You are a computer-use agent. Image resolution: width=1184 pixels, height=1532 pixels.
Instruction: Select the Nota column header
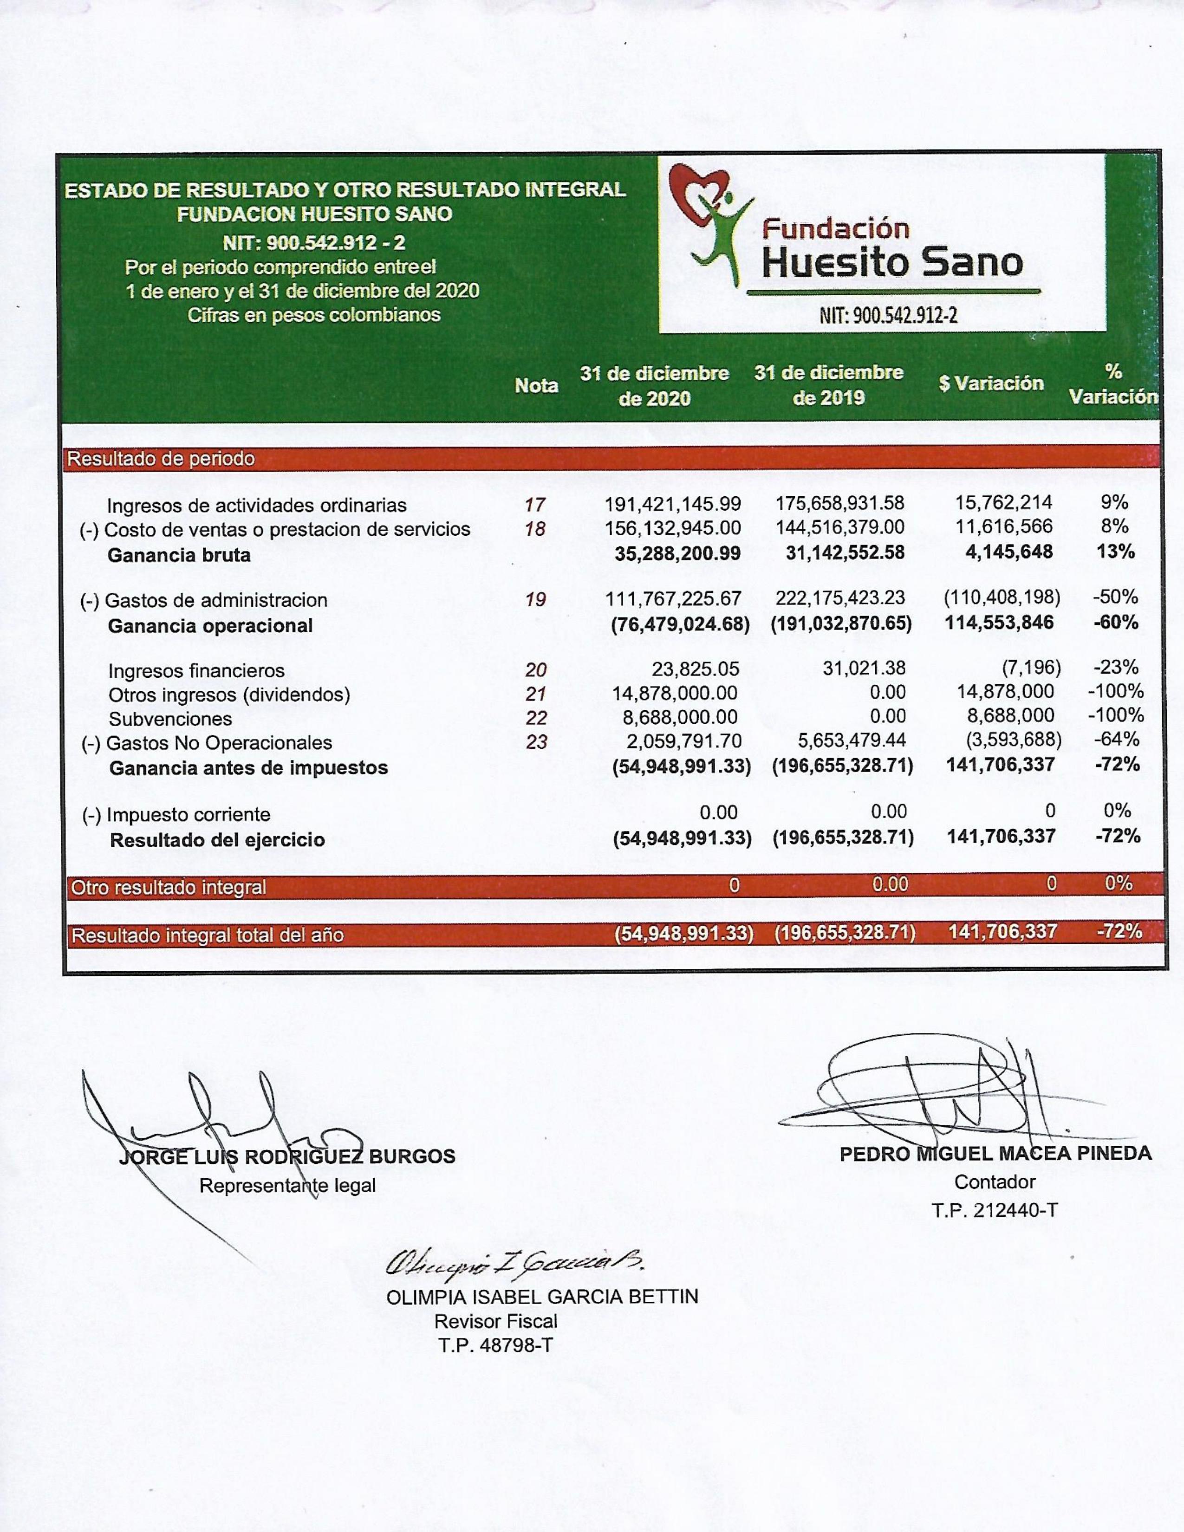[537, 385]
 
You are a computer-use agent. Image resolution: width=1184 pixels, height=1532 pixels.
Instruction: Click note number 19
[536, 600]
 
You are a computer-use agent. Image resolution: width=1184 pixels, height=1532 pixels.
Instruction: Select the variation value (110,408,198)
[1002, 597]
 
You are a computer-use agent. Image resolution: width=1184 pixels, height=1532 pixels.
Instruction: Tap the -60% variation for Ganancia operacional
[1116, 622]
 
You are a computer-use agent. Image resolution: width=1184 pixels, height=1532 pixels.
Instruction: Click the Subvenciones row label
[170, 719]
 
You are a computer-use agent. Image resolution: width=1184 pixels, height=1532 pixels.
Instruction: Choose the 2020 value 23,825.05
[695, 669]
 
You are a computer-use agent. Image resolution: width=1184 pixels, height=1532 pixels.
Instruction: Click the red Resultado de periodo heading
[161, 459]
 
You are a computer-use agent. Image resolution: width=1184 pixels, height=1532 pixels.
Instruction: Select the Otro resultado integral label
[169, 887]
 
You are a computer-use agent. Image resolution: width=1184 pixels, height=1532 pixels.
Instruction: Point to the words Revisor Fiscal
[496, 1322]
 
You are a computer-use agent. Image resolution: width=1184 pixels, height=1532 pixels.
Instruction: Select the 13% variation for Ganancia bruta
[1115, 552]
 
